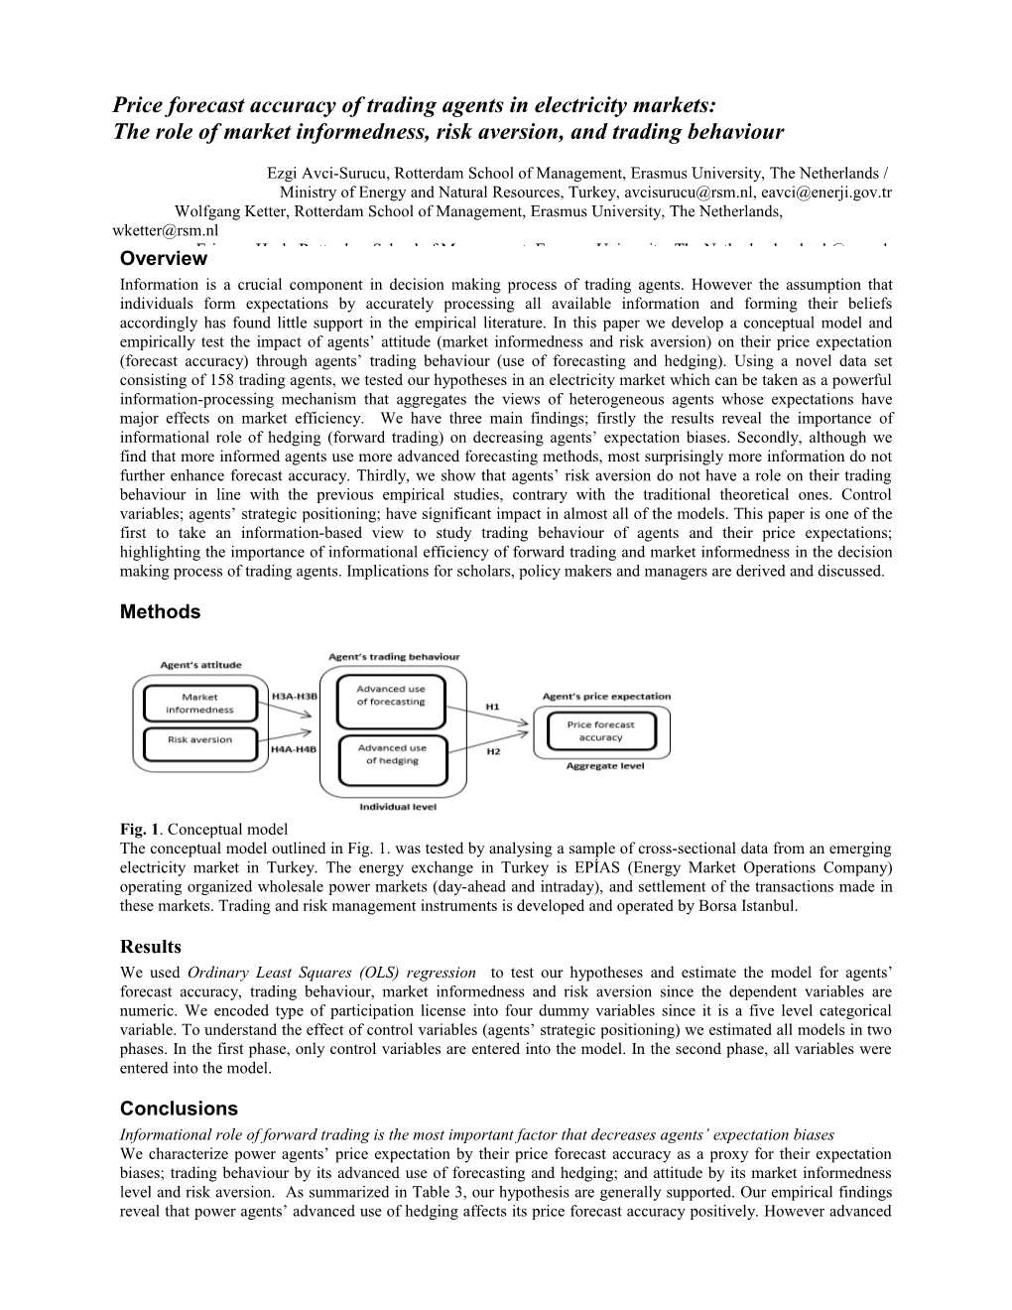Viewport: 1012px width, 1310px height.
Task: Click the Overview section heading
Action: pyautogui.click(x=163, y=259)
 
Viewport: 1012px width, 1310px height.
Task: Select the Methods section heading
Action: pyautogui.click(x=160, y=612)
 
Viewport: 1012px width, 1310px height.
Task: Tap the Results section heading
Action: pyautogui.click(x=151, y=947)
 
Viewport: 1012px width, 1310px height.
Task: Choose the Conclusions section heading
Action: pyautogui.click(x=179, y=1109)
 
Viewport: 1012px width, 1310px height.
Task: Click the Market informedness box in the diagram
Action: pyautogui.click(x=199, y=703)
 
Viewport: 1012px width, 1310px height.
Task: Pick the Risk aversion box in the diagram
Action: pyautogui.click(x=199, y=739)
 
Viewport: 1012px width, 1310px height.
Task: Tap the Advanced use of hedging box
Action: pyautogui.click(x=392, y=754)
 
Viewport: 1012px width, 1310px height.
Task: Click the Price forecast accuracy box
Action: pyautogui.click(x=600, y=730)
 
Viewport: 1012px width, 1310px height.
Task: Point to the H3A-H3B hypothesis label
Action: pyautogui.click(x=295, y=696)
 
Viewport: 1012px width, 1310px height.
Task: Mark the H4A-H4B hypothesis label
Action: pyautogui.click(x=295, y=750)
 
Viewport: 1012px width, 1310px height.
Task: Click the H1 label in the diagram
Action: pyautogui.click(x=492, y=707)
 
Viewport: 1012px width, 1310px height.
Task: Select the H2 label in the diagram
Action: pyautogui.click(x=492, y=751)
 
